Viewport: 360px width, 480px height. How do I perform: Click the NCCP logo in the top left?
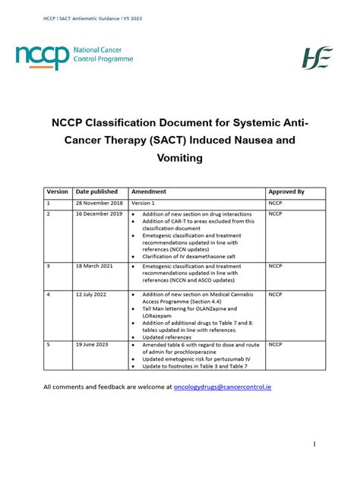point(74,56)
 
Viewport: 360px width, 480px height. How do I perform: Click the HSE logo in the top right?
point(317,58)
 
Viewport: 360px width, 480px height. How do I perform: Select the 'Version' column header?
point(58,192)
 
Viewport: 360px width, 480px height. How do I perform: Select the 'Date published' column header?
point(97,192)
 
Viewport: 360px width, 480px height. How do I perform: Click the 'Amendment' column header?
point(149,192)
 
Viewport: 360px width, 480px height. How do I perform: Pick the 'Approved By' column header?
point(286,192)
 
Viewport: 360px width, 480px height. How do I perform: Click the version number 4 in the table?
point(49,294)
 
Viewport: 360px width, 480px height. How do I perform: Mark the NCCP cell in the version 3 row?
point(276,267)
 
